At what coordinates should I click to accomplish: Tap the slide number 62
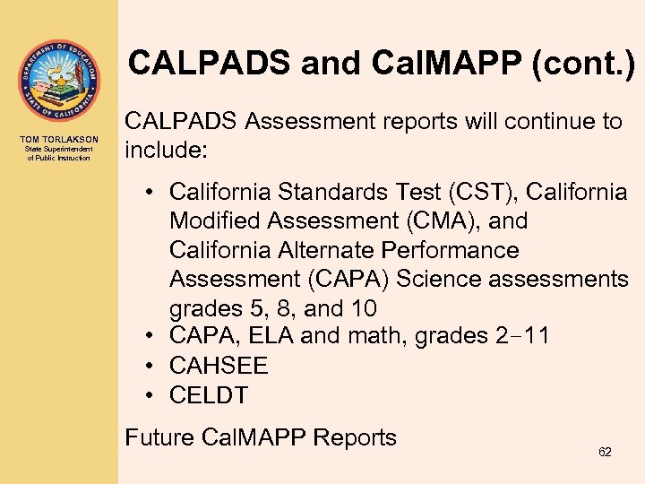pyautogui.click(x=605, y=452)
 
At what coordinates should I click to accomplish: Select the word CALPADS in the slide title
pyautogui.click(x=207, y=63)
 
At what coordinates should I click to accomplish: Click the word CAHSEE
pyautogui.click(x=219, y=366)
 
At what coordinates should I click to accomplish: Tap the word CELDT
pyautogui.click(x=209, y=395)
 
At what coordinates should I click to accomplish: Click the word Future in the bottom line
pyautogui.click(x=160, y=437)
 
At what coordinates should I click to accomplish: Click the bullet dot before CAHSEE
pyautogui.click(x=154, y=366)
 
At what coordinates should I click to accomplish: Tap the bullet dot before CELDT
pyautogui.click(x=154, y=395)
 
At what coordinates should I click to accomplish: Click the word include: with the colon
pyautogui.click(x=166, y=150)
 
